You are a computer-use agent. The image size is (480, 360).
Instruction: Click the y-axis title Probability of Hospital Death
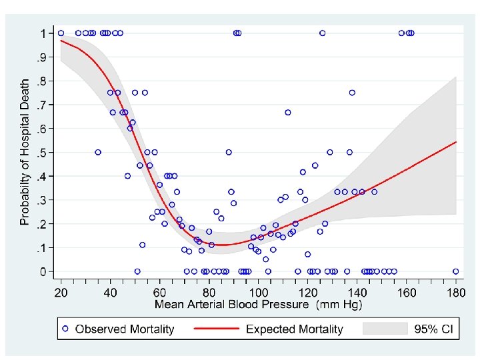click(x=25, y=152)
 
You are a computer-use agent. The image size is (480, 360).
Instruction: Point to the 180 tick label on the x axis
click(x=455, y=293)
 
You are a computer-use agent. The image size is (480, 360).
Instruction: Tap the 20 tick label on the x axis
click(x=61, y=293)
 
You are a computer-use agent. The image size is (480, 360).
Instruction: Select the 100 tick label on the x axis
click(x=258, y=293)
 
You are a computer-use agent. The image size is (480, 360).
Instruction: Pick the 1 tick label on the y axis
click(x=43, y=33)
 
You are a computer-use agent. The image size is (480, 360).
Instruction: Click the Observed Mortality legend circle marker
click(x=65, y=329)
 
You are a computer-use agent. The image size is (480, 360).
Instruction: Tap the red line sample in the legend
click(x=215, y=329)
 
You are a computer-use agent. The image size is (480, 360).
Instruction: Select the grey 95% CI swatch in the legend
click(x=385, y=329)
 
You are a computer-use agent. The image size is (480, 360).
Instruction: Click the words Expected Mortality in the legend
click(x=294, y=329)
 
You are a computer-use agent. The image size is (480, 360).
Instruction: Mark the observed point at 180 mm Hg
click(x=455, y=271)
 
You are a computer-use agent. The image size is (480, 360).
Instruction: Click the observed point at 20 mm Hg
click(x=61, y=33)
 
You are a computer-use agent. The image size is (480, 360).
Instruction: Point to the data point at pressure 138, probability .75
click(x=352, y=93)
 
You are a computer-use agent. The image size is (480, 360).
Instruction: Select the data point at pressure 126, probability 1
click(x=323, y=33)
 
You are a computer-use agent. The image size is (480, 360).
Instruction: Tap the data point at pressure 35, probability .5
click(x=98, y=152)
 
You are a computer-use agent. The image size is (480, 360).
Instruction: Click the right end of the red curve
click(x=456, y=142)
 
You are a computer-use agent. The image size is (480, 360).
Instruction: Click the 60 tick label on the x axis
click(x=160, y=293)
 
